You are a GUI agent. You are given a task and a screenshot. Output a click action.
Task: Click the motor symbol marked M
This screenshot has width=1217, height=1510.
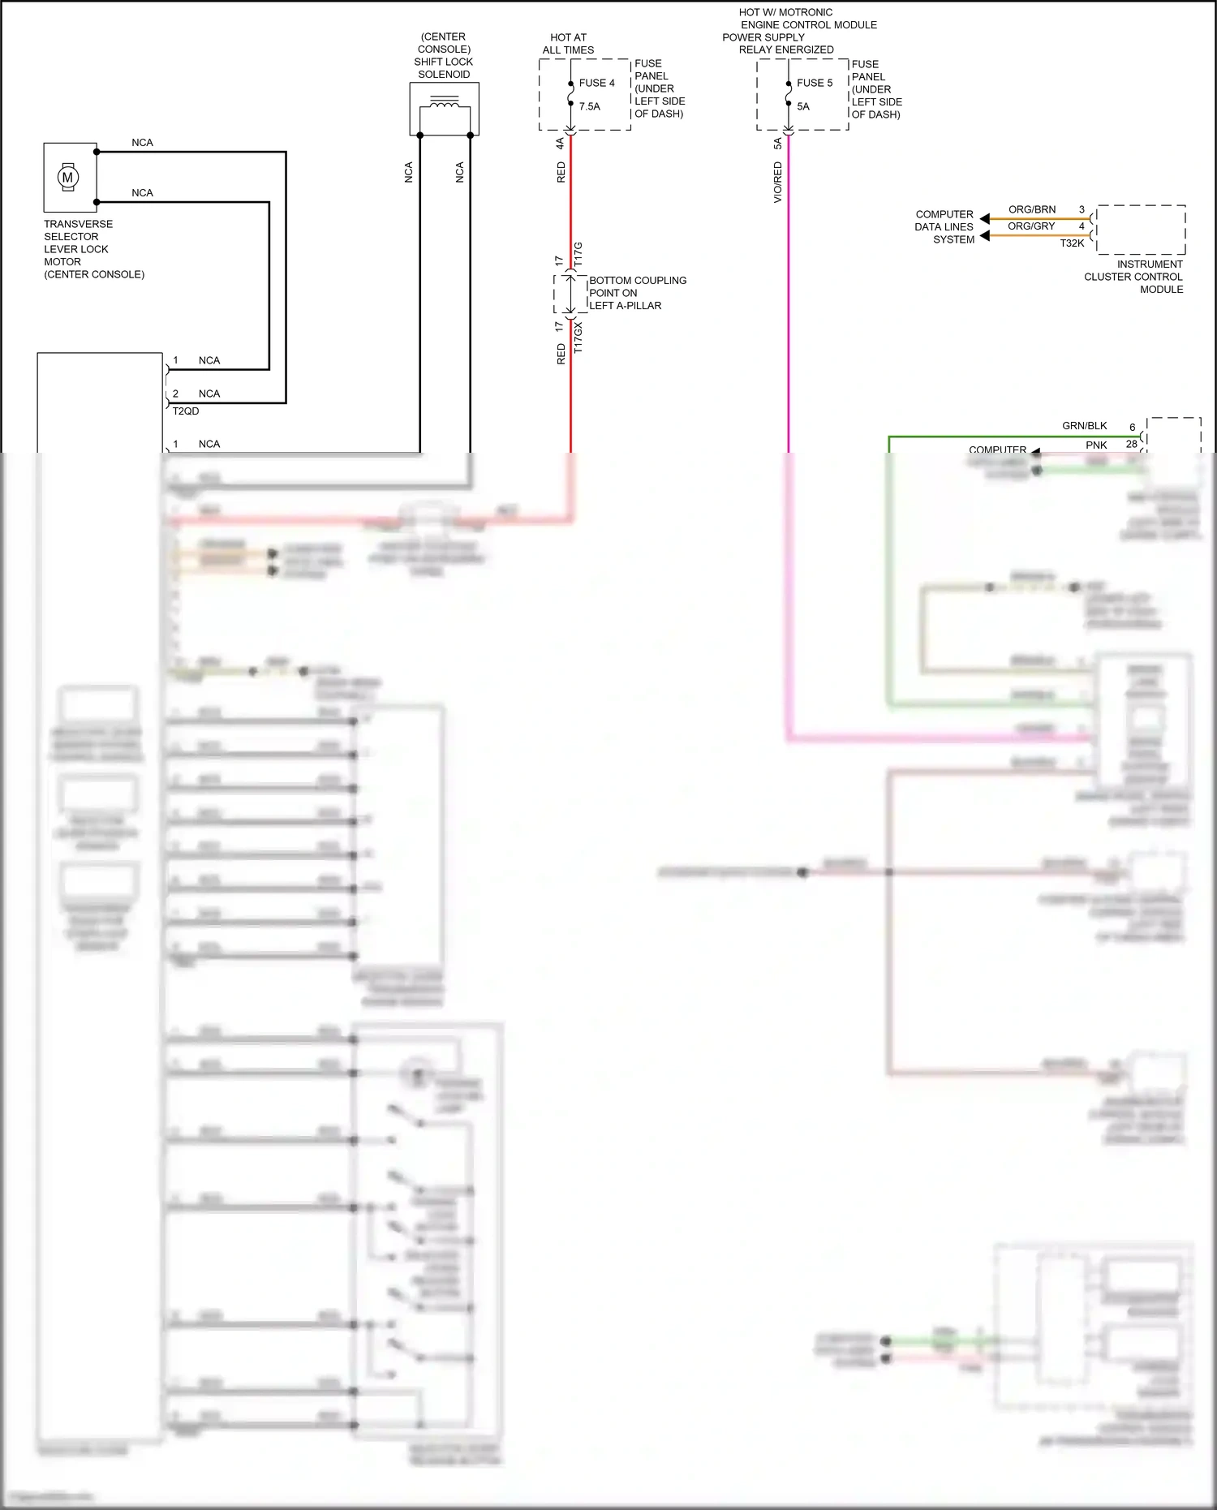coord(68,177)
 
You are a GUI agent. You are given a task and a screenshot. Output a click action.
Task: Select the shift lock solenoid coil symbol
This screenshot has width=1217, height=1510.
coord(444,103)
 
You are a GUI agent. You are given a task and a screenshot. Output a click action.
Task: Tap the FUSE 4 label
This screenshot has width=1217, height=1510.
coord(596,83)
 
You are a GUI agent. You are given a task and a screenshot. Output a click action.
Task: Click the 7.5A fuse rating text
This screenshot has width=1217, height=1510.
coord(590,106)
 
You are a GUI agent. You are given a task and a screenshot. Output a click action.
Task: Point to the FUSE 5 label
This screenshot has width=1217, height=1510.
coord(815,83)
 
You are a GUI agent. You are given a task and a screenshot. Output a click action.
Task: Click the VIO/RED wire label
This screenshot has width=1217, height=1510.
coord(777,182)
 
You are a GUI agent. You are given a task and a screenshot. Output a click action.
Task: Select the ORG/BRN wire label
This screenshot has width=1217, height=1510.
coord(1032,209)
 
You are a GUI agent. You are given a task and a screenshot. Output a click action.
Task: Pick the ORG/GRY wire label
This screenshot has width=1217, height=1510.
coord(1031,226)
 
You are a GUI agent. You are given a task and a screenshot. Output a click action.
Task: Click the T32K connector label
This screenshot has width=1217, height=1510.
coord(1072,243)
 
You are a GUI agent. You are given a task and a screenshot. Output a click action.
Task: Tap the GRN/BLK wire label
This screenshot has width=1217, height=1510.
coord(1084,426)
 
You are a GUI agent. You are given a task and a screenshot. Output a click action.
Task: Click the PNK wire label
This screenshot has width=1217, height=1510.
coord(1096,445)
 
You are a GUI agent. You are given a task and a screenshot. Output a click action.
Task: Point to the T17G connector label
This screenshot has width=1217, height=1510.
coord(578,255)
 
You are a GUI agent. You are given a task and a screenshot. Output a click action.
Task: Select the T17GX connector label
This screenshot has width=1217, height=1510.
coord(578,337)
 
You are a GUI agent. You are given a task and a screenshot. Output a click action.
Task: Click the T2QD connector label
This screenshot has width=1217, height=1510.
coord(186,411)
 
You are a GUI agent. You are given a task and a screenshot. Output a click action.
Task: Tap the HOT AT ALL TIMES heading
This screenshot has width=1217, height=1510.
coord(568,44)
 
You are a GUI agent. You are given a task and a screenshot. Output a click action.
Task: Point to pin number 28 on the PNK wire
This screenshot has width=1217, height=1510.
coord(1131,444)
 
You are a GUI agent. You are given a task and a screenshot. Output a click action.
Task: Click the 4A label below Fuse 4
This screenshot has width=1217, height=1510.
coord(560,143)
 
